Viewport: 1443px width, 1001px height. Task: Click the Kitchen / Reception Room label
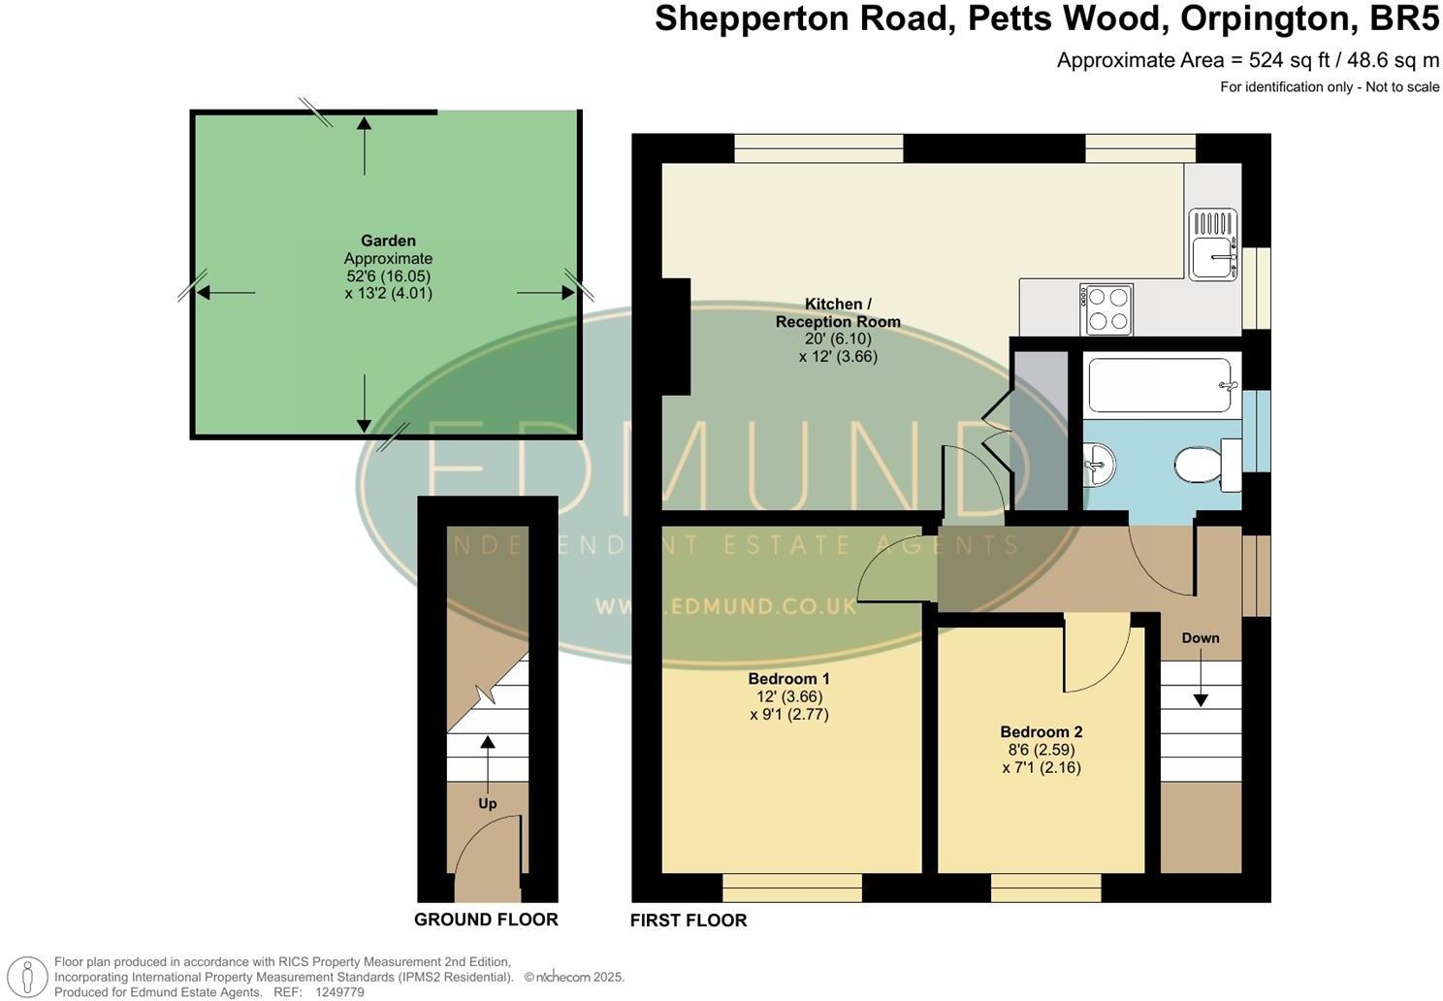coord(838,312)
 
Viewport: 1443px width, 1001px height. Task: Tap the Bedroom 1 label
coord(788,678)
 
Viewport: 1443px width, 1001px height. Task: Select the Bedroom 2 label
coord(1041,732)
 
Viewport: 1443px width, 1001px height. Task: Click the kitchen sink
coord(1212,244)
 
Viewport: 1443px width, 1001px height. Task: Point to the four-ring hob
coord(1106,309)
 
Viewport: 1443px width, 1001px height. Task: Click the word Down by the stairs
coord(1201,638)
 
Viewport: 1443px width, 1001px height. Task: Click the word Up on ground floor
coord(487,803)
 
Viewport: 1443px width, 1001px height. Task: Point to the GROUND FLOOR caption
coord(486,920)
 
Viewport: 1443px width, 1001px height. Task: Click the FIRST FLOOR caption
coord(689,920)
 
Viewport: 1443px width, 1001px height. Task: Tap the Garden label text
coord(388,241)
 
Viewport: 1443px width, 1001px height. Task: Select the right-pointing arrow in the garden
coord(545,292)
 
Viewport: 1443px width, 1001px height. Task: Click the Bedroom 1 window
coord(792,888)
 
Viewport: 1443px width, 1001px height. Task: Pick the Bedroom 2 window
coord(1045,888)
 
